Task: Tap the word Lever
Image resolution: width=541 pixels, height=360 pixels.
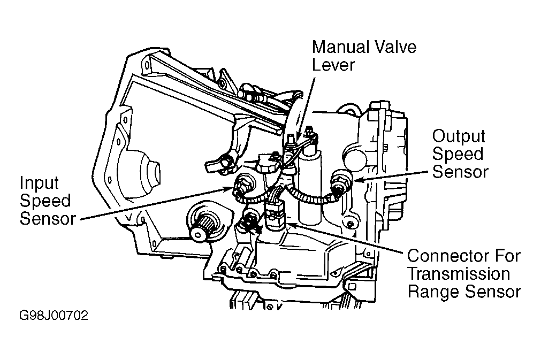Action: pyautogui.click(x=333, y=65)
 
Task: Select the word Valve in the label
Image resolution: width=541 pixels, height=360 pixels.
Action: pyautogui.click(x=397, y=47)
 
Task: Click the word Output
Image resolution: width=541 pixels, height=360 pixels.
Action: pyautogui.click(x=459, y=136)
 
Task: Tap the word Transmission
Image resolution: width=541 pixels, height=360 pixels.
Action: pyautogui.click(x=459, y=274)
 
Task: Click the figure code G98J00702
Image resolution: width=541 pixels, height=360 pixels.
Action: pyautogui.click(x=54, y=316)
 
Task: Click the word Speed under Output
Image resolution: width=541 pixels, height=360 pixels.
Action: pyautogui.click(x=458, y=154)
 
